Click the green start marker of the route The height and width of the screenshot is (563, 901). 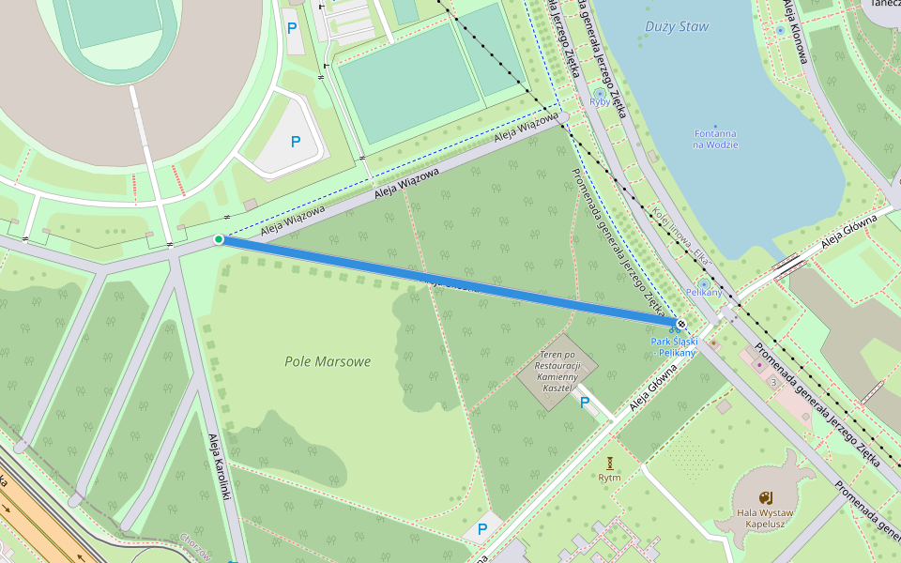click(x=219, y=239)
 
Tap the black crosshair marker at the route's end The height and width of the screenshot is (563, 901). click(x=681, y=325)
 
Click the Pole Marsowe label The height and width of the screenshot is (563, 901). click(x=328, y=361)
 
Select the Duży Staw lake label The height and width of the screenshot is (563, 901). click(x=677, y=26)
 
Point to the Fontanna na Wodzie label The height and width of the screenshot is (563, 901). click(x=715, y=139)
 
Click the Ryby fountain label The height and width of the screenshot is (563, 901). click(x=600, y=102)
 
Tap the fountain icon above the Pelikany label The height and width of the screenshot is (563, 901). click(x=704, y=282)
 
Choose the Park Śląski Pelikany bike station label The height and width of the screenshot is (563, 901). click(x=674, y=347)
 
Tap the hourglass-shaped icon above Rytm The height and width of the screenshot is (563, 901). click(x=610, y=463)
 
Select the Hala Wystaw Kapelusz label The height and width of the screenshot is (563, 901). click(x=765, y=519)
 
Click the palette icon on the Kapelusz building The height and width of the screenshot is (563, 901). click(x=765, y=496)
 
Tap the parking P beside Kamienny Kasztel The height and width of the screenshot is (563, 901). click(x=585, y=403)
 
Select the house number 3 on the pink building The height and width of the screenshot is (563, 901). click(x=772, y=382)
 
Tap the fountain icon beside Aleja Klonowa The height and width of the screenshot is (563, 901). click(x=780, y=30)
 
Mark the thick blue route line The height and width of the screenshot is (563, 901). click(x=450, y=281)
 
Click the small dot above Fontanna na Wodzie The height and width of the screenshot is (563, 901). click(x=715, y=126)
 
